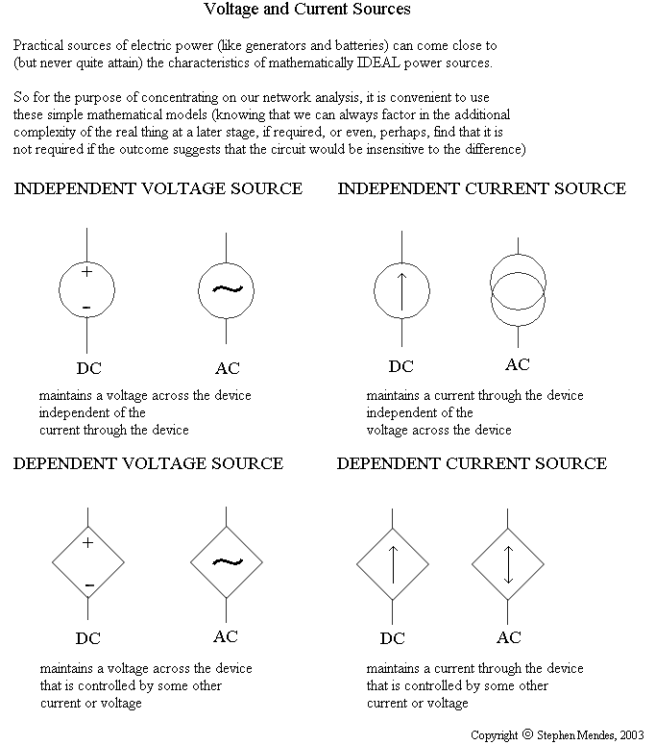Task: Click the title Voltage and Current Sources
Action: (307, 10)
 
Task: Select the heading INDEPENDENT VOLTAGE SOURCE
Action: (158, 188)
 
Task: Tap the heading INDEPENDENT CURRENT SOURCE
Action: (481, 188)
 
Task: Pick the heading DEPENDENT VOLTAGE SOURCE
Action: (149, 463)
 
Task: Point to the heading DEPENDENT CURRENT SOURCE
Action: (472, 463)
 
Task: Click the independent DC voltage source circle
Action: (87, 289)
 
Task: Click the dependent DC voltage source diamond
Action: (87, 562)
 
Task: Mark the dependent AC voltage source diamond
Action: (227, 562)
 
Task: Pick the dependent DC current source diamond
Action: (392, 562)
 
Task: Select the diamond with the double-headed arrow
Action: (508, 562)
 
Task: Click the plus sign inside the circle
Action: (87, 272)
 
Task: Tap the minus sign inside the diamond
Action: (88, 584)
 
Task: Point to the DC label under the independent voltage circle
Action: (88, 368)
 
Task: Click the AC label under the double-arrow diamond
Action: (509, 637)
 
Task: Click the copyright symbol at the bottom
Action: (527, 734)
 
